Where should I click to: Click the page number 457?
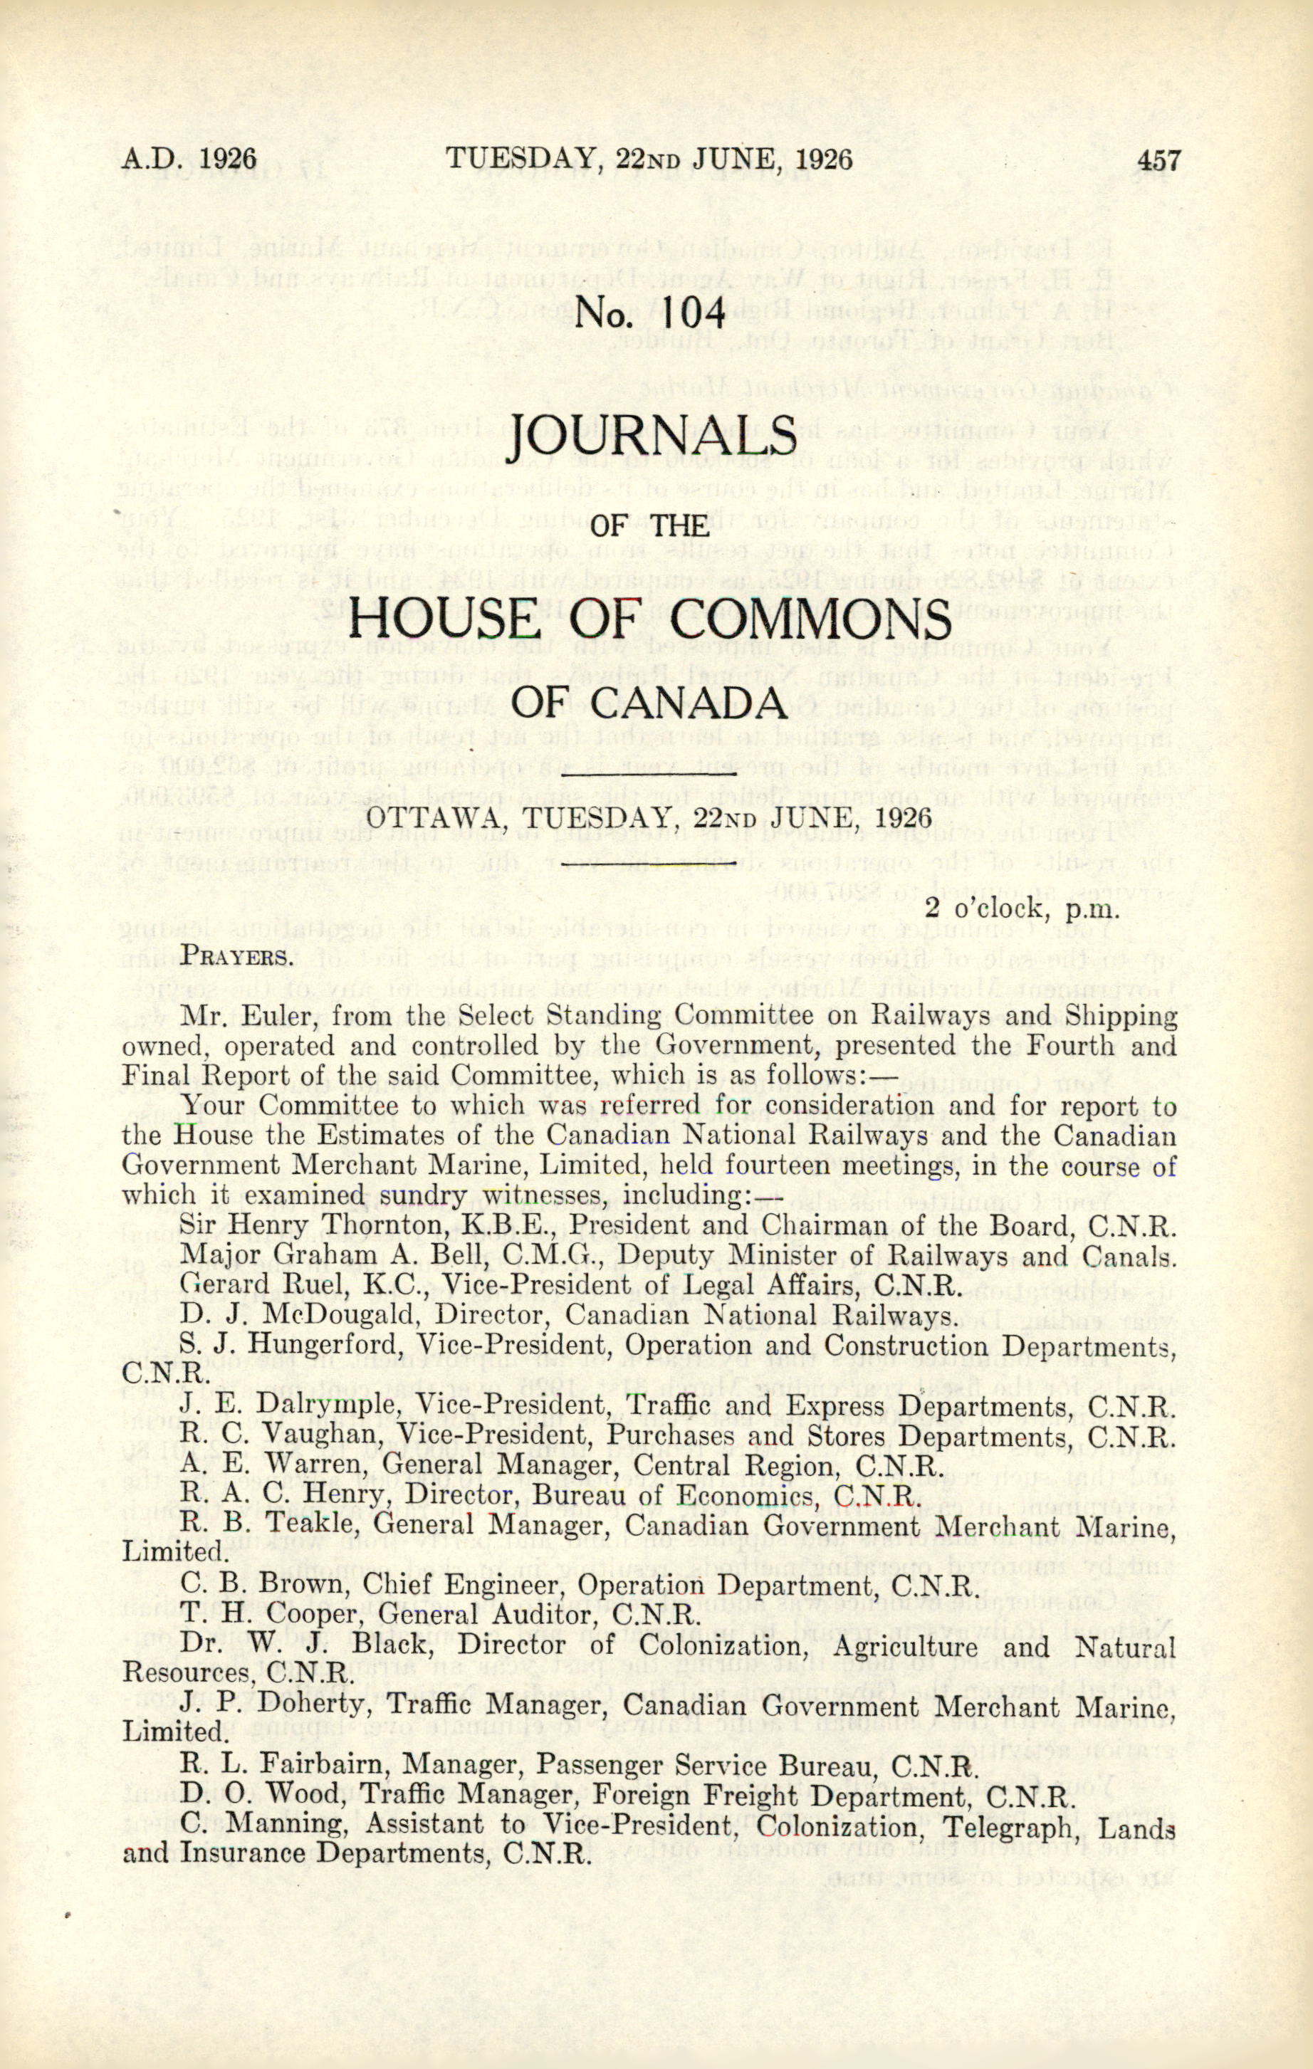(x=1158, y=161)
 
